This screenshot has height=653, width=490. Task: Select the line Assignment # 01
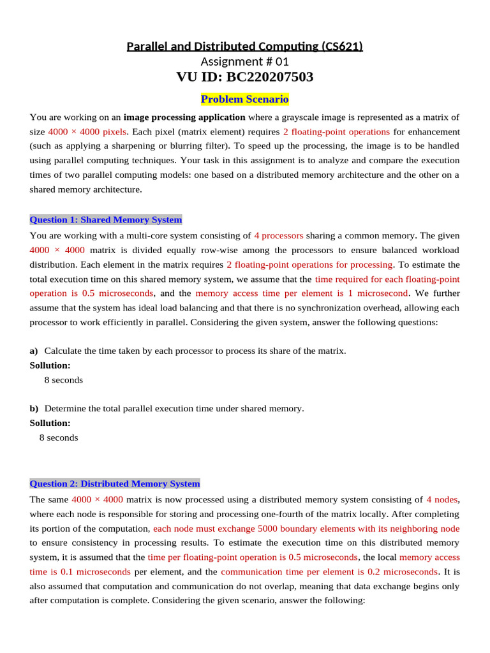click(245, 61)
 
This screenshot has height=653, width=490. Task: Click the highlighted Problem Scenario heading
click(245, 99)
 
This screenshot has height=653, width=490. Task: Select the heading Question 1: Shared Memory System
click(106, 220)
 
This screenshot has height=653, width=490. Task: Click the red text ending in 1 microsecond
click(301, 293)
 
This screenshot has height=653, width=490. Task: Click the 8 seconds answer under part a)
click(63, 380)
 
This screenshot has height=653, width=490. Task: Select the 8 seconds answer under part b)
click(59, 438)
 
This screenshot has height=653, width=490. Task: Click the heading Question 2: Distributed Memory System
click(115, 484)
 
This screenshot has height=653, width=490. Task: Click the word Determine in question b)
click(64, 408)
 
